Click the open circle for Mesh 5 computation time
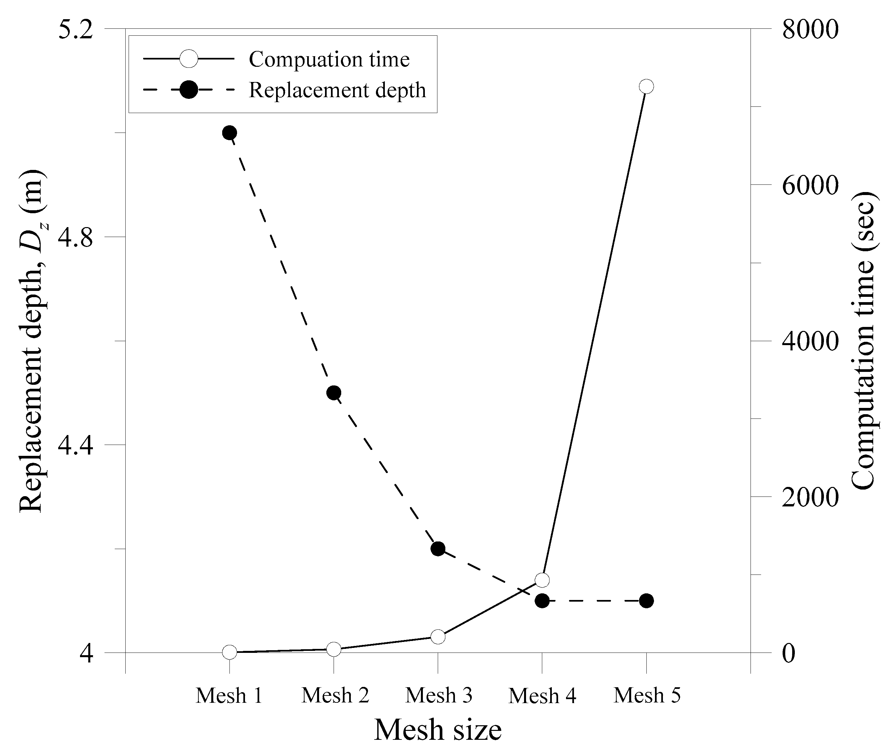point(646,87)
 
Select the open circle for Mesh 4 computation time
point(542,580)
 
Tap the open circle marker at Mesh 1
point(229,652)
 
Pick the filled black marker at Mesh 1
point(229,133)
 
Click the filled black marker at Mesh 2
point(334,393)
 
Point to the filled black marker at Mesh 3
point(438,549)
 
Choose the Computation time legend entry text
point(329,59)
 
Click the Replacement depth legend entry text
point(337,90)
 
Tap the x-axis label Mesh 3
point(438,695)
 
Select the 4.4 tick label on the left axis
point(75,445)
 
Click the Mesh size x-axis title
point(438,730)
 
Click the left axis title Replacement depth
point(32,341)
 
